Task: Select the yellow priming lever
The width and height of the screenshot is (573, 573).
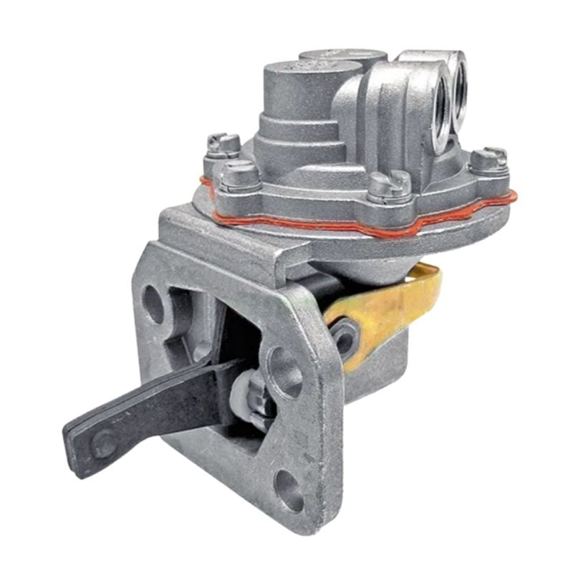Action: coord(387,308)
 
